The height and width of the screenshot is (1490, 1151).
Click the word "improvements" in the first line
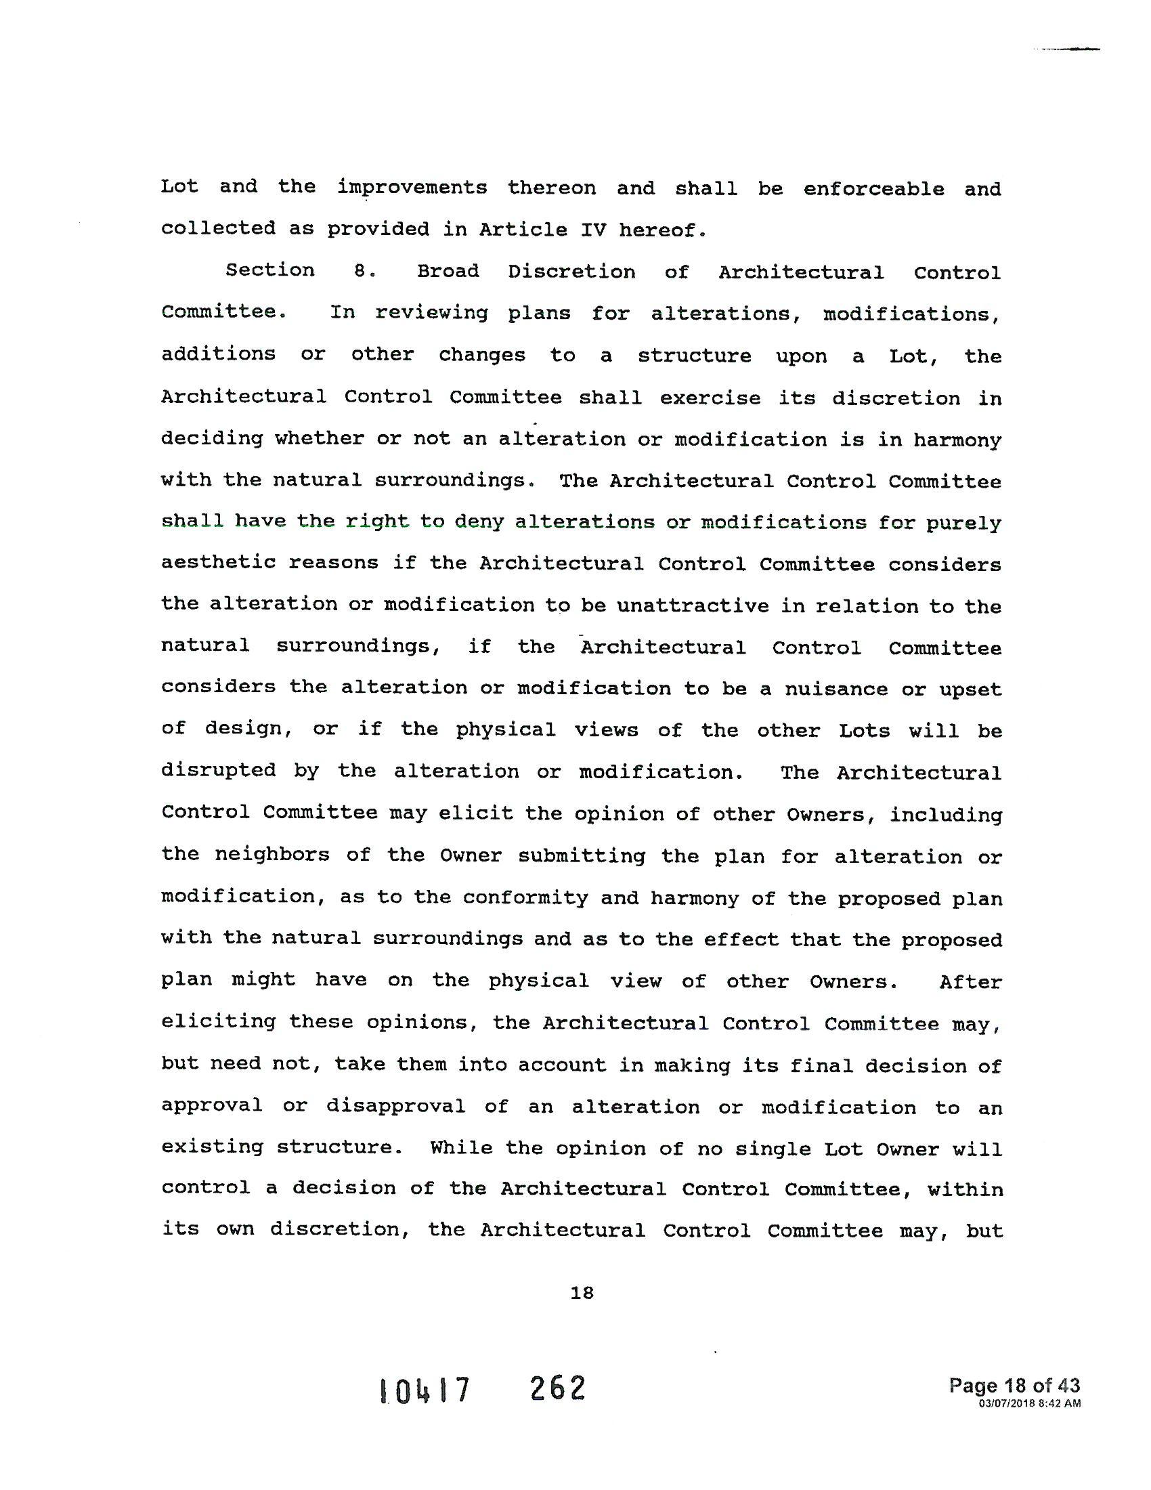412,188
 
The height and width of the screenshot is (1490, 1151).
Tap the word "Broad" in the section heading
448,272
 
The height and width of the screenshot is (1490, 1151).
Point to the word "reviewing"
431,313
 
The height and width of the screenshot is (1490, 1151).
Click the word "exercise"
710,398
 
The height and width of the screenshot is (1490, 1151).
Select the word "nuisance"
836,689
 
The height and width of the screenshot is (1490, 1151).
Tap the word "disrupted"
218,771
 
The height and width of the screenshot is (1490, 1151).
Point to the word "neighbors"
272,855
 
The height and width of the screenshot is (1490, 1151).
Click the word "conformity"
525,897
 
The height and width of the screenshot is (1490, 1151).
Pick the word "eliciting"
218,1022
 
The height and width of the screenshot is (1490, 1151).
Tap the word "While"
461,1147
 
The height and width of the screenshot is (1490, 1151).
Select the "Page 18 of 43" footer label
1014,1386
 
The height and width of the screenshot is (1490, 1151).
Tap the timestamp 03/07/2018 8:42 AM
1029,1403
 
